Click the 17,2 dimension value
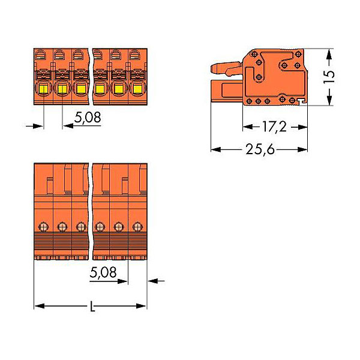(x=274, y=127)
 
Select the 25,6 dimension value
(x=260, y=149)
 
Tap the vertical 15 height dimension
(x=329, y=76)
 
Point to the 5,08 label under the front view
(x=88, y=118)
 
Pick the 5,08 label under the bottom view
(x=103, y=272)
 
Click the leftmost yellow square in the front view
(x=43, y=89)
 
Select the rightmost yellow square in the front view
(x=137, y=89)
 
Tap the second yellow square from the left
(x=62, y=89)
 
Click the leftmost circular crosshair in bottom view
(x=43, y=227)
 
